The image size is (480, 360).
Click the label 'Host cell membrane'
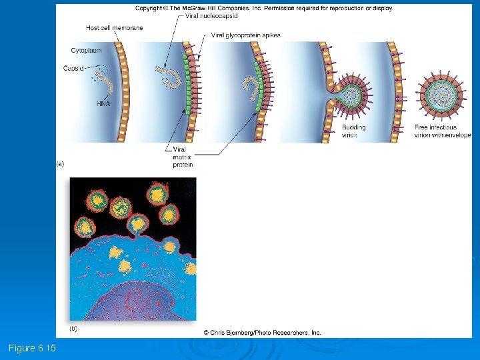[x=114, y=28]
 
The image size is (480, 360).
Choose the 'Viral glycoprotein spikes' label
[x=245, y=35]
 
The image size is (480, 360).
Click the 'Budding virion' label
[x=353, y=131]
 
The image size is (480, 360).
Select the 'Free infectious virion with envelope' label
[x=443, y=131]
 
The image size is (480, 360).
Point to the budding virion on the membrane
[x=351, y=92]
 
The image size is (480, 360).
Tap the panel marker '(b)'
[x=74, y=329]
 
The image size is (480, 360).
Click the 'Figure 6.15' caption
[x=32, y=348]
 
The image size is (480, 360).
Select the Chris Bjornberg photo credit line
[x=262, y=332]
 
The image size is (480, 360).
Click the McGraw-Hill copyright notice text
[x=263, y=8]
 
